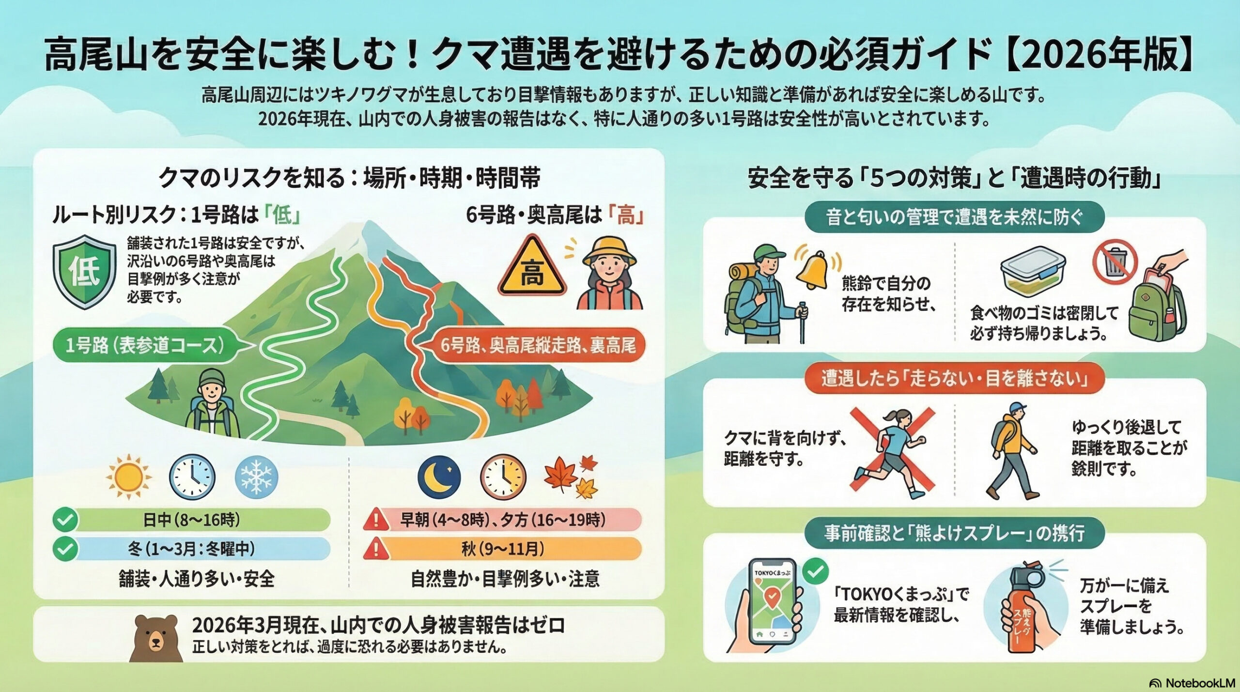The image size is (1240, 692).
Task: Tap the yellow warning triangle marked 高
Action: (x=532, y=267)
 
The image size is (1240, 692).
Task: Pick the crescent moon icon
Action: (x=439, y=477)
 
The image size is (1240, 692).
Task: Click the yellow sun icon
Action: (x=128, y=477)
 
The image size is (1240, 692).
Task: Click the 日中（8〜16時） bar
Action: (x=192, y=520)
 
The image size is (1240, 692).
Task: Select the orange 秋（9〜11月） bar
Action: (x=503, y=549)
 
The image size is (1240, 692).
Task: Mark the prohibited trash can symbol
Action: (x=1115, y=265)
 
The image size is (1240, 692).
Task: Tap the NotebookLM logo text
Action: (x=1197, y=683)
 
